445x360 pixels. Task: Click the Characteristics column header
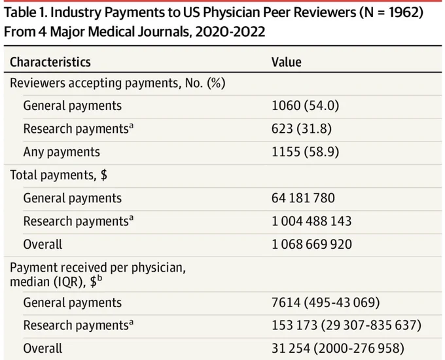(50, 62)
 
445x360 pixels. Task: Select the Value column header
(287, 62)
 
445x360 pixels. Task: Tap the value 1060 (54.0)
(306, 105)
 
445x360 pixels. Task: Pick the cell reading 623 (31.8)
(302, 128)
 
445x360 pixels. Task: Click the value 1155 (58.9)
(306, 152)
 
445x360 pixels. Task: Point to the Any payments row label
(62, 152)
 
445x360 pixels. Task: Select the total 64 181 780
(303, 198)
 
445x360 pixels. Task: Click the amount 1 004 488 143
(311, 221)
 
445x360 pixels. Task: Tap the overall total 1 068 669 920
(312, 244)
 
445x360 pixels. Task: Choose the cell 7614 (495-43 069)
(326, 302)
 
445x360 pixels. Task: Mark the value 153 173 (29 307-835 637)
(347, 325)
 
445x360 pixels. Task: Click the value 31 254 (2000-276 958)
(338, 349)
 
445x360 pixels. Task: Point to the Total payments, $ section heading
(59, 175)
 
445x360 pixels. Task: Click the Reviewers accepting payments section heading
(118, 83)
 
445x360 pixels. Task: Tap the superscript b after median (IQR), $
(99, 279)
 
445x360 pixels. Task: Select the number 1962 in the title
(402, 12)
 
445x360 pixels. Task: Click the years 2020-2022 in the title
(230, 31)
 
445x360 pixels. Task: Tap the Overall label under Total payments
(43, 244)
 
